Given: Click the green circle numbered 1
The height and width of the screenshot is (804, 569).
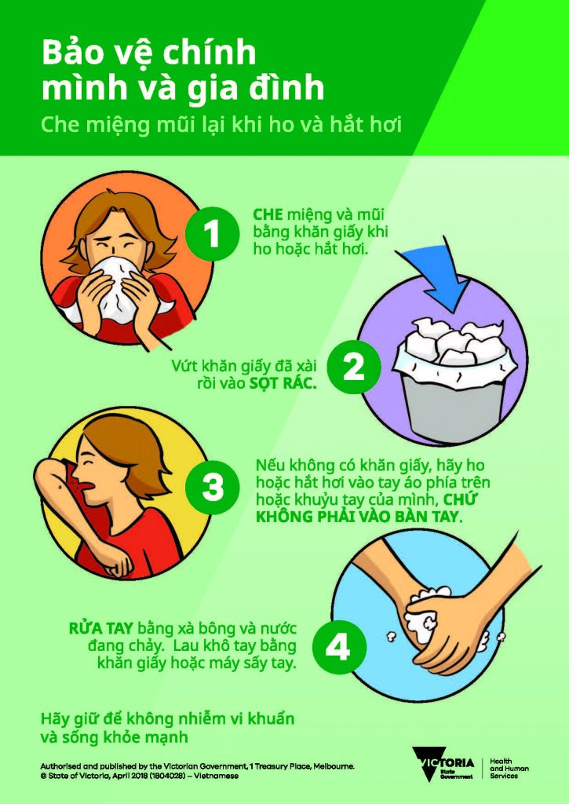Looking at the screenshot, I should [x=210, y=232].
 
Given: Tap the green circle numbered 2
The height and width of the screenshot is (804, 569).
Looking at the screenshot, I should [x=354, y=367].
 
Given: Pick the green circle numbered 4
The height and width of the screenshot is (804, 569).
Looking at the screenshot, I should [x=338, y=648].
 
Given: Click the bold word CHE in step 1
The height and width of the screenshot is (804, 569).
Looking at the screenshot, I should [x=267, y=214].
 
